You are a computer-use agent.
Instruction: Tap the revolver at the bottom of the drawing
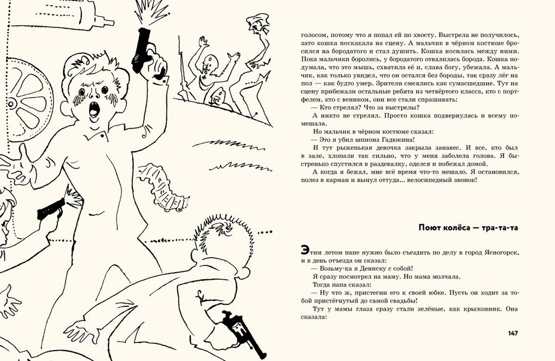pyautogui.click(x=239, y=328)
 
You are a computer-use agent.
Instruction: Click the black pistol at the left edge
pyautogui.click(x=50, y=208)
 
